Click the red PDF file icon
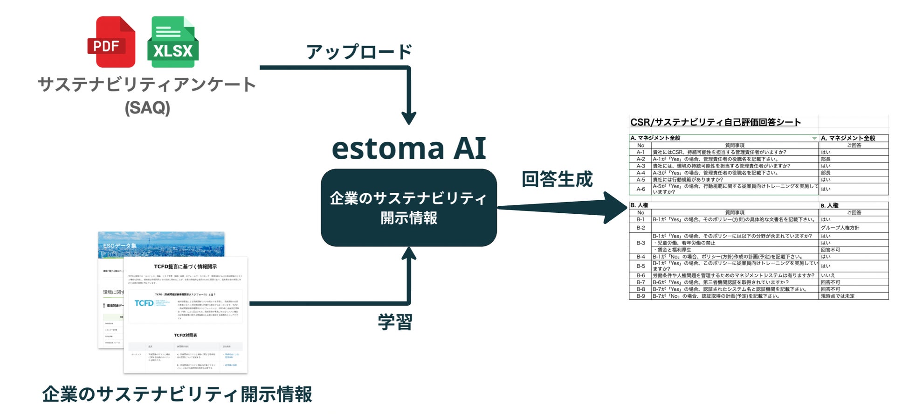pyautogui.click(x=111, y=42)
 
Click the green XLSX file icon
pyautogui.click(x=173, y=42)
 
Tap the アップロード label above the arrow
pyautogui.click(x=359, y=51)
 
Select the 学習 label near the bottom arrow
pyautogui.click(x=395, y=322)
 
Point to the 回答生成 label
pyautogui.click(x=557, y=179)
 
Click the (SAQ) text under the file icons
pyautogui.click(x=147, y=108)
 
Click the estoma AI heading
pyautogui.click(x=409, y=148)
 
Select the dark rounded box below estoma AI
pyautogui.click(x=409, y=208)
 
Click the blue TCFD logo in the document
pyautogui.click(x=144, y=303)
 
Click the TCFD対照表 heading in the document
pyautogui.click(x=186, y=335)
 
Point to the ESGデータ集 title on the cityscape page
pyautogui.click(x=119, y=246)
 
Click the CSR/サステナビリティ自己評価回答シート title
pyautogui.click(x=716, y=122)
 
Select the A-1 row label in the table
pyautogui.click(x=640, y=152)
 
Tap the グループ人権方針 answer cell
pyautogui.click(x=840, y=228)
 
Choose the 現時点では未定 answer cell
pyautogui.click(x=838, y=296)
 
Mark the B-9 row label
pyautogui.click(x=640, y=296)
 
